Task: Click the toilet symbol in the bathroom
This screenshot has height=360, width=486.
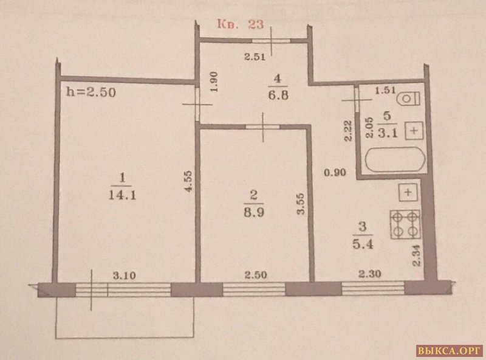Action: (408, 99)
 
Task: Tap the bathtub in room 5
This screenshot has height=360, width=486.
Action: (395, 159)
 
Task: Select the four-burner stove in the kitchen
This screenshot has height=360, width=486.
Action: (405, 224)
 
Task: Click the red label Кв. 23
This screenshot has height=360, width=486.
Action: (240, 24)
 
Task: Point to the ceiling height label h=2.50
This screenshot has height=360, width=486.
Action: (91, 92)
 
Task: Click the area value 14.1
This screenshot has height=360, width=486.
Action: (123, 195)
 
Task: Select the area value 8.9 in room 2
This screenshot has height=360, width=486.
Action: (253, 213)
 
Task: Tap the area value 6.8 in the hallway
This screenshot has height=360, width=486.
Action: (278, 95)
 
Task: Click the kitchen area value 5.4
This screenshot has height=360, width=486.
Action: (363, 244)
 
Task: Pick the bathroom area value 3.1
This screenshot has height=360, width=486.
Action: (387, 133)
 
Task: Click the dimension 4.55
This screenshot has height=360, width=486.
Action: (189, 181)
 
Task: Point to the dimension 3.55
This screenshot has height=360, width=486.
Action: (300, 204)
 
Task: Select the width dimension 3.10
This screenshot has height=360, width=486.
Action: (124, 275)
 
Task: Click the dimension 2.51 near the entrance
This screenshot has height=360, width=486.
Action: (255, 57)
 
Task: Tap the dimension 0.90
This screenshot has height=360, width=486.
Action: (335, 172)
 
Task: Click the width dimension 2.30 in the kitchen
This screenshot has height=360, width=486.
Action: (370, 274)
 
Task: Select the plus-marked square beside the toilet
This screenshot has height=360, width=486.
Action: (414, 130)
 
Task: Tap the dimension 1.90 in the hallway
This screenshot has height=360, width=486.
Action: (214, 81)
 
